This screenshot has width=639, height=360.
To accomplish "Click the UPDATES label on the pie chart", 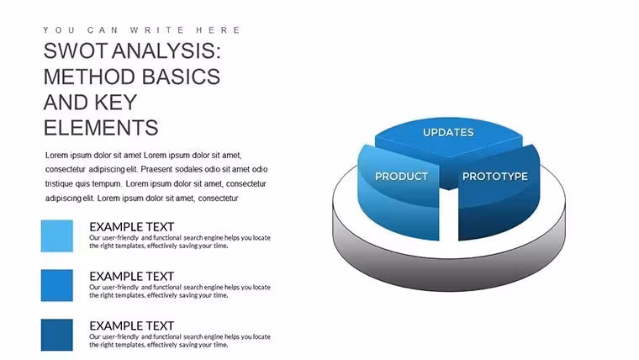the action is pos(448,133).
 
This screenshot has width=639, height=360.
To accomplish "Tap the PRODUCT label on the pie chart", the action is pos(401,177).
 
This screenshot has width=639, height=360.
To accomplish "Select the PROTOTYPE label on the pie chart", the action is pos(494,177).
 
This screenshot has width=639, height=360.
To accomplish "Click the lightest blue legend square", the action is pos(57,236).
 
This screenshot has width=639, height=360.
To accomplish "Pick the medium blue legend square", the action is pos(57,285).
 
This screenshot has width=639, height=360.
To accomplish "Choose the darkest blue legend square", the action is pos(57,335).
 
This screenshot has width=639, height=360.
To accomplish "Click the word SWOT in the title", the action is pos(76,51).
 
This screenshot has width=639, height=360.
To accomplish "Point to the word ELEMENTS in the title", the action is pos(101,128).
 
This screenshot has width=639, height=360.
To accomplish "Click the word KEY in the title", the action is pos(116,103).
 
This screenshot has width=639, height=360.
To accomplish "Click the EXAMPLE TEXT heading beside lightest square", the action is pos(132,226).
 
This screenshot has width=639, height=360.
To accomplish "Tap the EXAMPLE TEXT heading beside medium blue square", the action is pos(132,277).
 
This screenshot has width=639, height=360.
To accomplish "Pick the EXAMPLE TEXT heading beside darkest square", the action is pos(132,326).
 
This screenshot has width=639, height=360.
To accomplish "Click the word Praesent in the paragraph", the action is pos(157,169).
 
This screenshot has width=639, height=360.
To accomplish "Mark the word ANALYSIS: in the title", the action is pos(166,51).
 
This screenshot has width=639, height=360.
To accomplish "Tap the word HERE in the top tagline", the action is pos(219,30).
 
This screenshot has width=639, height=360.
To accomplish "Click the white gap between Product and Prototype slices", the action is pos(449,216).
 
